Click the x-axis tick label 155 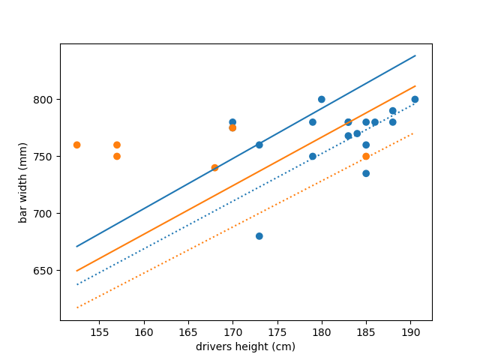click(99, 331)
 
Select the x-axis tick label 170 click(232, 331)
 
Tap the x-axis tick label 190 click(410, 331)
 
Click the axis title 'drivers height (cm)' click(245, 346)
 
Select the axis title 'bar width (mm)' click(22, 182)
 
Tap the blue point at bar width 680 click(259, 236)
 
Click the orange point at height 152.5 click(76, 145)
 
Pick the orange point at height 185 click(366, 157)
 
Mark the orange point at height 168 click(214, 168)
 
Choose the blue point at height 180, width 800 click(322, 100)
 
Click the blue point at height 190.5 click(415, 100)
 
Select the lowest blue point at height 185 click(366, 173)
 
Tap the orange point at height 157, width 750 click(117, 157)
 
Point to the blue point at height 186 click(375, 122)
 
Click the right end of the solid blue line click(415, 55)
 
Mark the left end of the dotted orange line click(76, 307)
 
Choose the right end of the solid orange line click(415, 85)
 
